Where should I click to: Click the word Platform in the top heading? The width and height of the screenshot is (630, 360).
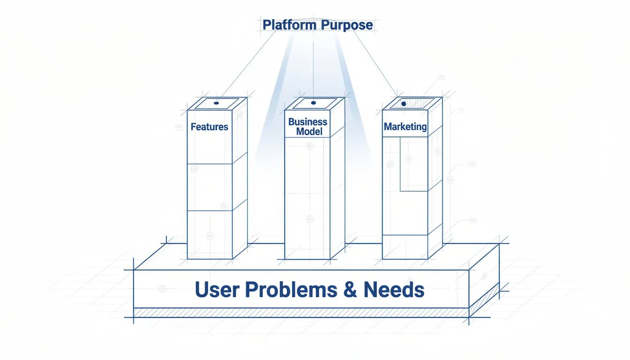(287, 25)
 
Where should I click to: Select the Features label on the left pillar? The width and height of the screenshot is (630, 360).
(210, 127)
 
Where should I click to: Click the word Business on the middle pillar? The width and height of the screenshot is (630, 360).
(307, 122)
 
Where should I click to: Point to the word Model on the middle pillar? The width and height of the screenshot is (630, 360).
(309, 132)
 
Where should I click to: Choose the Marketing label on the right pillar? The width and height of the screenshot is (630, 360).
(405, 127)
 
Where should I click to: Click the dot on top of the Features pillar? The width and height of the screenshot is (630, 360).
(216, 103)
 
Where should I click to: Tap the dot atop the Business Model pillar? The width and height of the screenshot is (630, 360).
(314, 103)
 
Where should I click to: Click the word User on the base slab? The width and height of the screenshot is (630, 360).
(217, 290)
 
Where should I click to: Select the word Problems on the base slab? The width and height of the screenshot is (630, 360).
(291, 290)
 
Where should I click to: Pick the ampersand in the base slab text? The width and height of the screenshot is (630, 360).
(350, 290)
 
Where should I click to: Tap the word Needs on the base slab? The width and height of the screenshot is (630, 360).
(394, 290)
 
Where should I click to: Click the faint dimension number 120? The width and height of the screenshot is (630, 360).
(440, 77)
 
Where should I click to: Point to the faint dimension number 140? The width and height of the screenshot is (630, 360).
(471, 164)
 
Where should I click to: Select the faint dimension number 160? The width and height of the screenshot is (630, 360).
(472, 220)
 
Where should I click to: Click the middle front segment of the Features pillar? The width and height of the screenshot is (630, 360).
(210, 187)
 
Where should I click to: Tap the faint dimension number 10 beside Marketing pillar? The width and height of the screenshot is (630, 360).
(460, 110)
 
